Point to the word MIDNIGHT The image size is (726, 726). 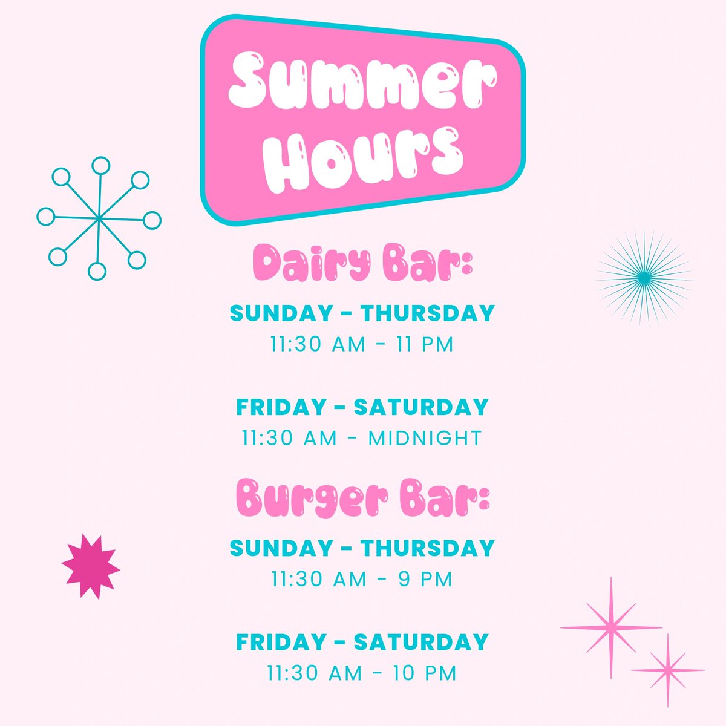tap(425, 438)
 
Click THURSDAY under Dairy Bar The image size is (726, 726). tap(428, 313)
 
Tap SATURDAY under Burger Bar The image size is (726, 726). tap(420, 641)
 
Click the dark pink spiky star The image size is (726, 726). tap(91, 566)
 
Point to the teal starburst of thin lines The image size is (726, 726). tap(645, 278)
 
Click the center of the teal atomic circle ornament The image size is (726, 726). tap(98, 218)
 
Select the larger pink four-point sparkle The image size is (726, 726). tap(610, 627)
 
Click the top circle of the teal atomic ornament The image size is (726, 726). tap(100, 165)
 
